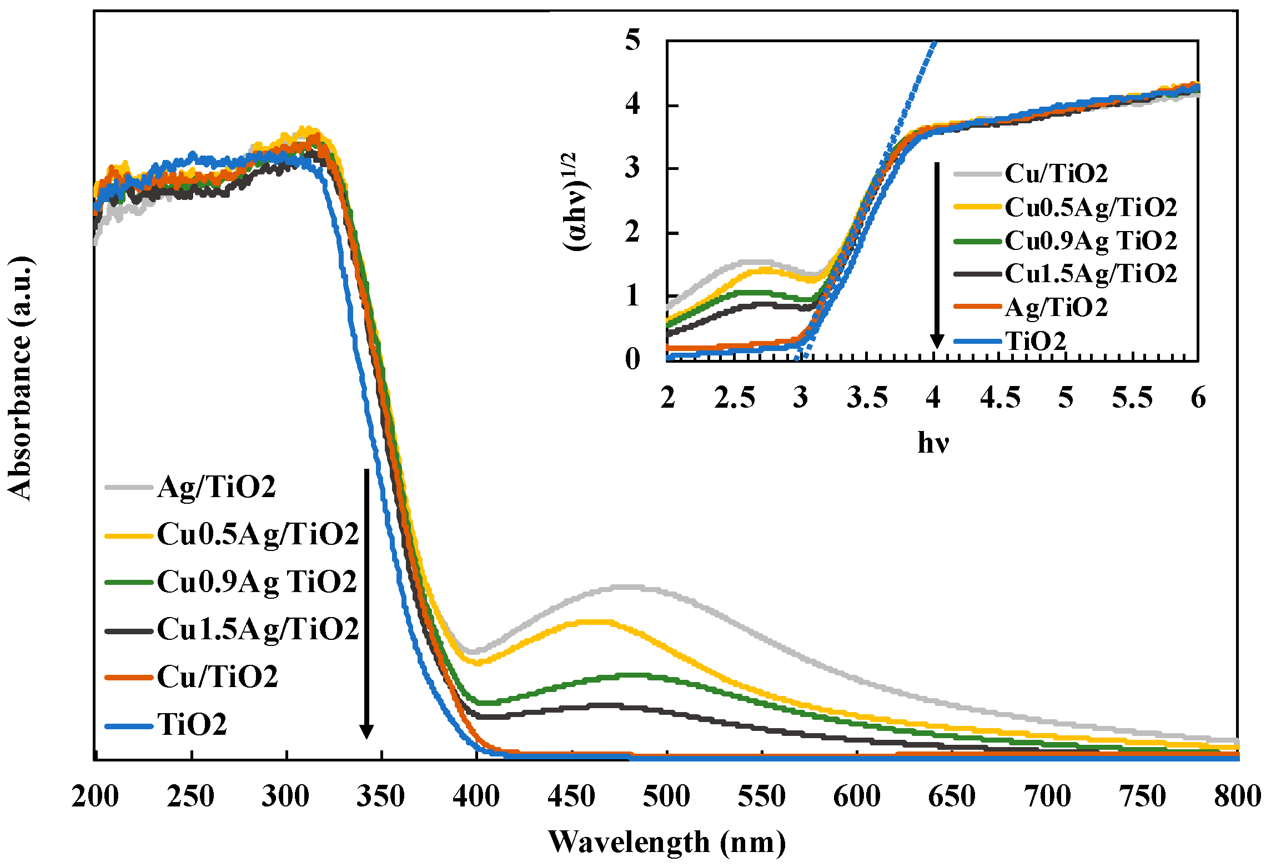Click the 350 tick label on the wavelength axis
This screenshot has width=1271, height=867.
pyautogui.click(x=381, y=797)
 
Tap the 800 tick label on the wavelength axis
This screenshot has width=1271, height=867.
pyautogui.click(x=1237, y=797)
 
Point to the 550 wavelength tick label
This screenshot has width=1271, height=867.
pyautogui.click(x=761, y=797)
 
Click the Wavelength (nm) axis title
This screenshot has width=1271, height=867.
pyautogui.click(x=666, y=842)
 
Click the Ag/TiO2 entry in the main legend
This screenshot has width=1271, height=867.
pyautogui.click(x=216, y=487)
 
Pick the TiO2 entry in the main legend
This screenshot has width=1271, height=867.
pyautogui.click(x=192, y=724)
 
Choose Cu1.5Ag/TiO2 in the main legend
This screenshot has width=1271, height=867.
pyautogui.click(x=258, y=629)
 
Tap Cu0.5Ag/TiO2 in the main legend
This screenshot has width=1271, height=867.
pyautogui.click(x=258, y=534)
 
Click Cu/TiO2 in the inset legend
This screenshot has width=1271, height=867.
pyautogui.click(x=1056, y=173)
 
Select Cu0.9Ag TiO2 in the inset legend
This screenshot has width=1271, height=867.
pyautogui.click(x=1091, y=240)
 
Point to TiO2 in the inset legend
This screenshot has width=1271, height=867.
pyautogui.click(x=1036, y=340)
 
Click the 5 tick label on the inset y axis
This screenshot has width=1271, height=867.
pyautogui.click(x=632, y=40)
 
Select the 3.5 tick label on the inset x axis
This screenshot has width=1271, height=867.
pyautogui.click(x=867, y=398)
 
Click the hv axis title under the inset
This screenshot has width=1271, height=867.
pyautogui.click(x=933, y=443)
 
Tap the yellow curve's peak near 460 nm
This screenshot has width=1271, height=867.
pyautogui.click(x=594, y=622)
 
